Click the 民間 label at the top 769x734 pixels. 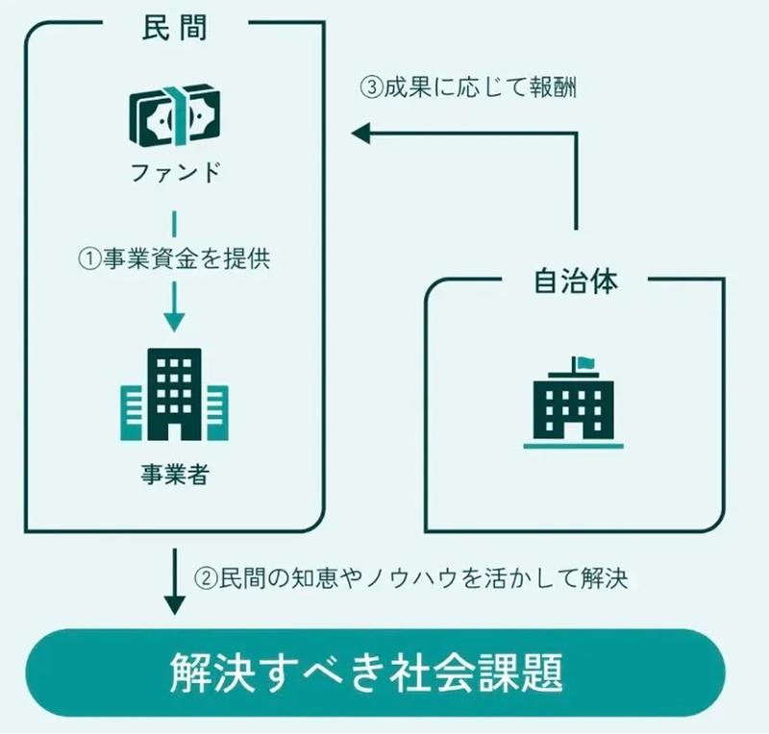[x=173, y=25]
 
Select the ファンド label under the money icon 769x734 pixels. [x=174, y=174]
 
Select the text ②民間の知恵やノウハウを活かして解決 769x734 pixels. [x=424, y=578]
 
